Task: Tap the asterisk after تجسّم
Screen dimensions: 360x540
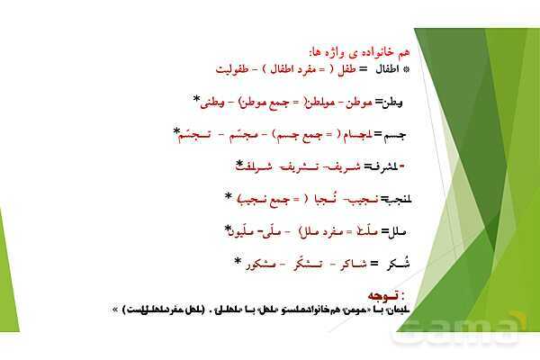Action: pyautogui.click(x=177, y=132)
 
